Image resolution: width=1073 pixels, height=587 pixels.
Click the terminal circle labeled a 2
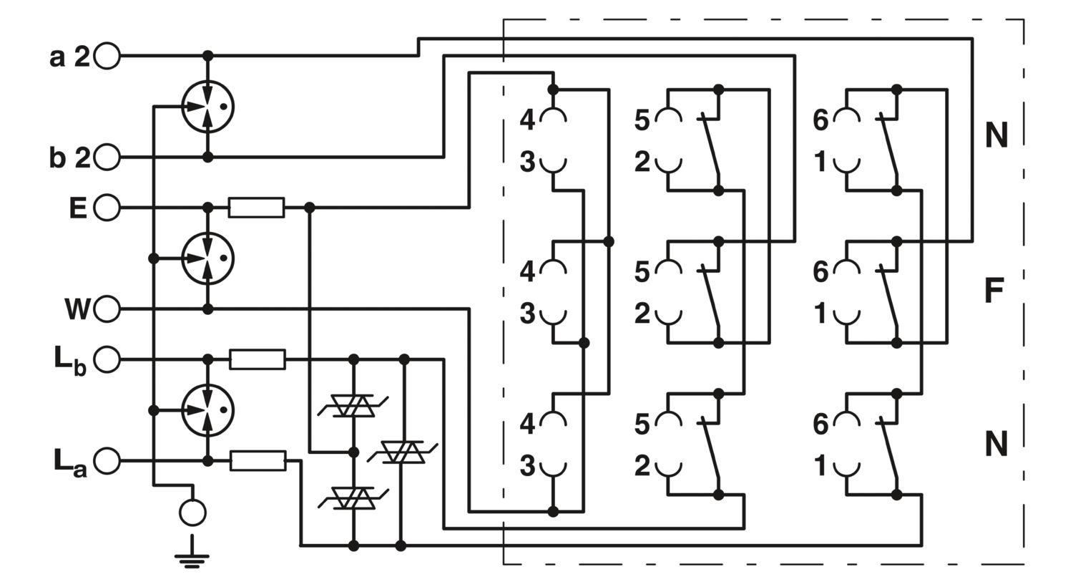pyautogui.click(x=107, y=56)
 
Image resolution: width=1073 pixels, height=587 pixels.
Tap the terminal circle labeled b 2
pyautogui.click(x=107, y=157)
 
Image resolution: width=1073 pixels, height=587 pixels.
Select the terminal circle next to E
pyautogui.click(x=107, y=208)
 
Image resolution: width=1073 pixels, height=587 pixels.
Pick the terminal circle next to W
pyautogui.click(x=107, y=309)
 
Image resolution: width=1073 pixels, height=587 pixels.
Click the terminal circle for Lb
pyautogui.click(x=107, y=359)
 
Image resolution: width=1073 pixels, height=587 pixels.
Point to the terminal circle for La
pyautogui.click(x=107, y=461)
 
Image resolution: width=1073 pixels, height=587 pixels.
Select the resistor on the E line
pyautogui.click(x=256, y=208)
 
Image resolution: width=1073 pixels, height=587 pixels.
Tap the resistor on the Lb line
pyautogui.click(x=258, y=359)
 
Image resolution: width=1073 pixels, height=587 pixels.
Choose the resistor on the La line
pyautogui.click(x=258, y=461)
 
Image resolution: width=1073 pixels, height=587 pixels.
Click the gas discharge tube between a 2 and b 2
pyautogui.click(x=207, y=107)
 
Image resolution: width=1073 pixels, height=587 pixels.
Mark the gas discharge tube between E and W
pyautogui.click(x=207, y=258)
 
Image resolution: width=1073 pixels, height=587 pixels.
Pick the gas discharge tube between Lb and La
pyautogui.click(x=207, y=410)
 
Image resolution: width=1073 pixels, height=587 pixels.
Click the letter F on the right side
pyautogui.click(x=994, y=290)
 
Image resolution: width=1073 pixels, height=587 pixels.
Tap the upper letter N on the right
pyautogui.click(x=996, y=135)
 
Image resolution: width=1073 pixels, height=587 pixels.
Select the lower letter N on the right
pyautogui.click(x=996, y=445)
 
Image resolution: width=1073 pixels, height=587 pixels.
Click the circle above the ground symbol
pyautogui.click(x=192, y=513)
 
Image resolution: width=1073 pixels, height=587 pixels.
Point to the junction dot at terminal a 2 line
pyautogui.click(x=207, y=56)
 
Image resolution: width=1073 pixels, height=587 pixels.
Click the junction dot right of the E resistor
pyautogui.click(x=310, y=208)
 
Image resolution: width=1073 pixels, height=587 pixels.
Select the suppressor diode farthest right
pyautogui.click(x=403, y=452)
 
